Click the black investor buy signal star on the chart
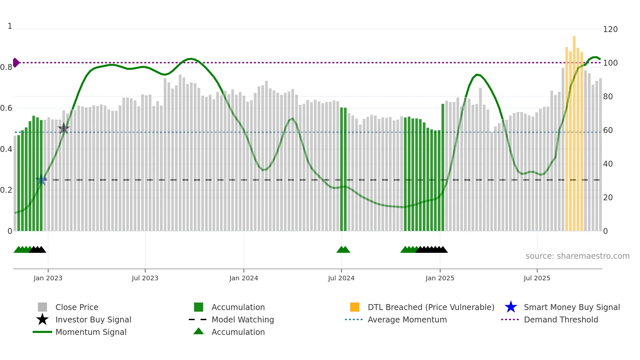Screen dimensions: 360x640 [x=64, y=128]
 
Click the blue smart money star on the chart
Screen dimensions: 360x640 [x=41, y=180]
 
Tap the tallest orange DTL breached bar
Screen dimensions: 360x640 [x=574, y=131]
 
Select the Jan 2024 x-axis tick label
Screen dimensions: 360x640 [x=244, y=278]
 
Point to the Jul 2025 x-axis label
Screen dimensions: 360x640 [x=537, y=278]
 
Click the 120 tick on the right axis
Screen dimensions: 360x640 [x=610, y=29]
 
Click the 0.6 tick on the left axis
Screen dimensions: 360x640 [x=6, y=108]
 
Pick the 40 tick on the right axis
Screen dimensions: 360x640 [x=608, y=164]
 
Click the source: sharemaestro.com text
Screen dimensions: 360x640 [x=577, y=256]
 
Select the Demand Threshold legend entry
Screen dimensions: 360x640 [x=561, y=319]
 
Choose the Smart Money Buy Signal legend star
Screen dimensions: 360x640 [x=511, y=307]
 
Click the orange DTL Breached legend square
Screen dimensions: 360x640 [x=355, y=307]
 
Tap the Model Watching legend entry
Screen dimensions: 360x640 [x=242, y=319]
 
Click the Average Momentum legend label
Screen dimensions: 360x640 [x=407, y=319]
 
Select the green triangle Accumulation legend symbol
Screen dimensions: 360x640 [x=199, y=331]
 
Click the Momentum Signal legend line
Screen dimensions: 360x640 [x=42, y=332]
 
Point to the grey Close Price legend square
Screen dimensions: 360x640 [x=42, y=307]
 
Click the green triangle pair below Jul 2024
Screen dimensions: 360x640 [x=343, y=250]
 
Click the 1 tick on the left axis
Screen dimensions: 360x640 [x=10, y=26]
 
